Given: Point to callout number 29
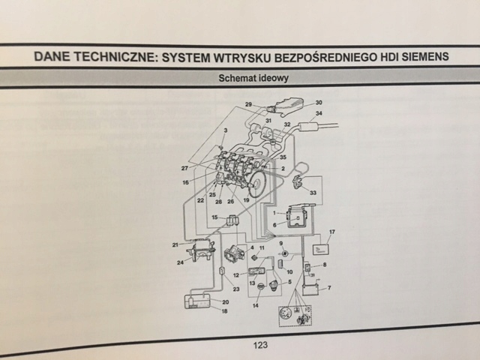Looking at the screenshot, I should pos(248,104).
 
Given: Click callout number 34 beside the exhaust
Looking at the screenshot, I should pos(319,113).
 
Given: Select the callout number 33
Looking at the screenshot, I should pos(312,192).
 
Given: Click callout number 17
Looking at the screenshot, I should pos(331,232).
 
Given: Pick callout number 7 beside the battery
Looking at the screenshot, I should pos(328,288).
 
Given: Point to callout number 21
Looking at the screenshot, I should pos(175,245).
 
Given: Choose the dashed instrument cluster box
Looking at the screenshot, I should pos(292,314).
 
